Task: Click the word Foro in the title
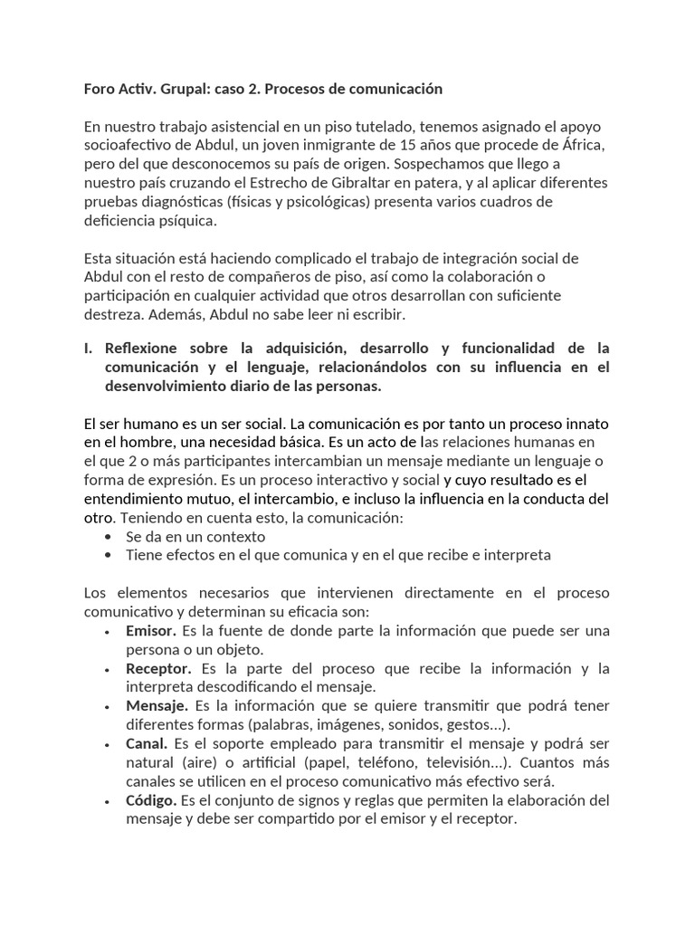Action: [x=100, y=89]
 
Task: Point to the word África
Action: [x=583, y=146]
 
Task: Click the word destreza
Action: [x=110, y=314]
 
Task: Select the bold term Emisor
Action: [x=151, y=630]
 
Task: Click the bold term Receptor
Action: [x=158, y=668]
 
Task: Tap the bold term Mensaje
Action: [x=157, y=706]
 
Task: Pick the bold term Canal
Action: [x=147, y=743]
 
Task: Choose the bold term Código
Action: [x=151, y=800]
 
